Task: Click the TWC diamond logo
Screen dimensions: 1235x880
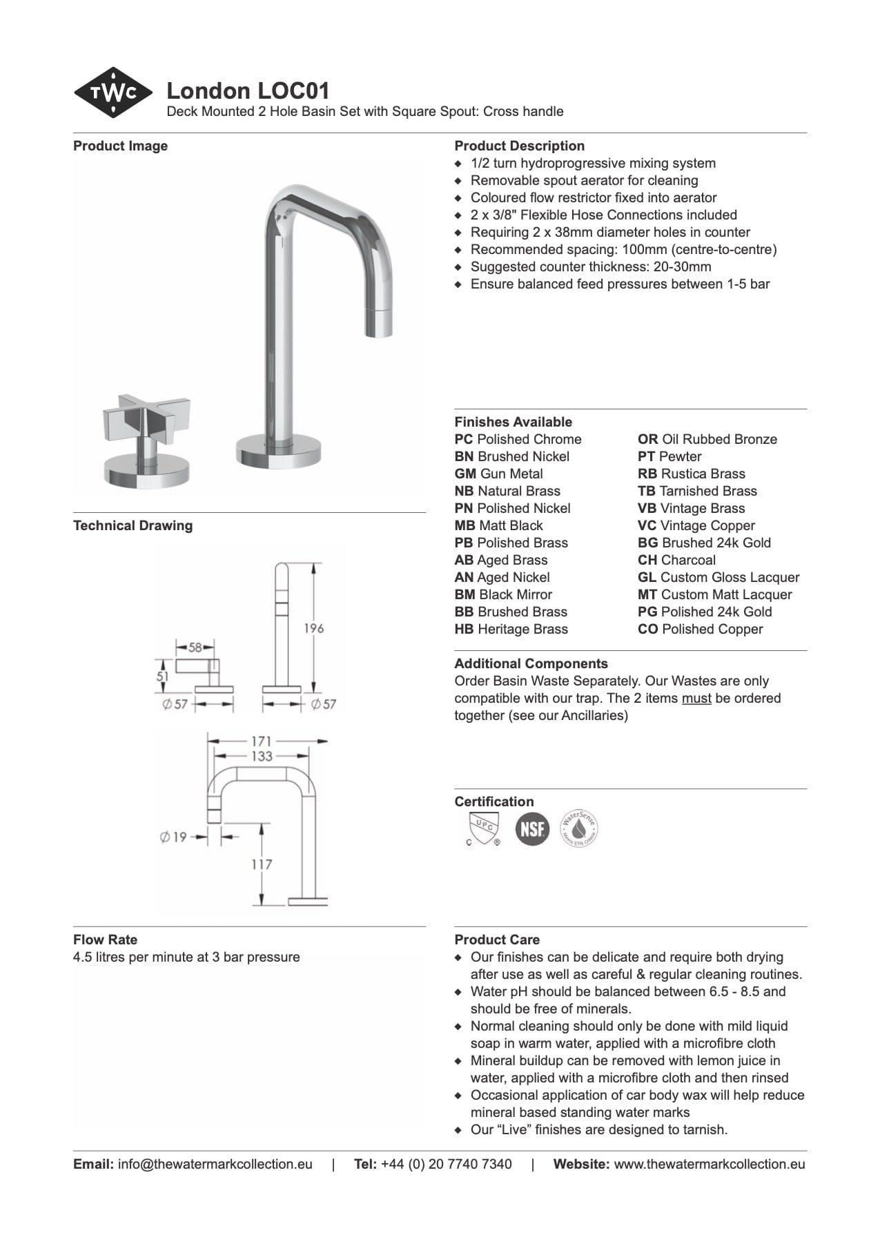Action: pos(113,92)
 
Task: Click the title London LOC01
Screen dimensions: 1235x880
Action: pos(248,90)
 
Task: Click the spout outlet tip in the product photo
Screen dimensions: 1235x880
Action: pos(378,325)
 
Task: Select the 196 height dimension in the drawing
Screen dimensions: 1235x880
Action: pos(313,628)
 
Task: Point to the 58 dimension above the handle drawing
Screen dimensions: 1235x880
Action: pos(195,648)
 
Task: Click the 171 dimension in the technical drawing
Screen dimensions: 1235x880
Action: pos(261,741)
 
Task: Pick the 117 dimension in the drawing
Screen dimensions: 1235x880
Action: pos(261,864)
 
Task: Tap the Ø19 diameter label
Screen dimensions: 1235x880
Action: pos(173,837)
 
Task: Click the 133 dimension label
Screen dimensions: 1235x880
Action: pos(261,757)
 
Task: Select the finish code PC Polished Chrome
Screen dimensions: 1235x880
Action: pos(518,439)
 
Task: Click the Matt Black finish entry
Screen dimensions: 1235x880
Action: pos(498,525)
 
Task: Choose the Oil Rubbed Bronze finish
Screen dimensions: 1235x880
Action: pos(707,439)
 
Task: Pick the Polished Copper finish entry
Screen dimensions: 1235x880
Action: pos(700,629)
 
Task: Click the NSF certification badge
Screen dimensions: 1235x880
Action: pos(532,828)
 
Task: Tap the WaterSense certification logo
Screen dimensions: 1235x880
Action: pos(578,828)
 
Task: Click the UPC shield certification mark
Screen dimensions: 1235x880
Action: pos(483,828)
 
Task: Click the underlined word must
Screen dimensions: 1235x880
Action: pos(696,698)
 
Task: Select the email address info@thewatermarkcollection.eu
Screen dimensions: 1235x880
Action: pos(215,1164)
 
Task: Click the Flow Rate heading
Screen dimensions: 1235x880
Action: pos(105,940)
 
